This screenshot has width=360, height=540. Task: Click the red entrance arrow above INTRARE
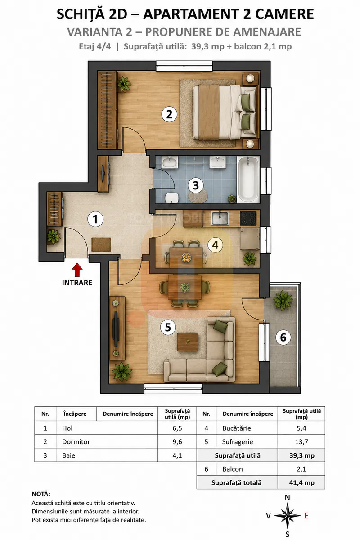(77, 270)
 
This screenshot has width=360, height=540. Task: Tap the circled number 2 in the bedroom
(169, 114)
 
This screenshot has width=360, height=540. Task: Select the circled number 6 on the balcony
(283, 337)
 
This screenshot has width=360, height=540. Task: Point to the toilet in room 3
(171, 198)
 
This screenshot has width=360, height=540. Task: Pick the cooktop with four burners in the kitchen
(248, 218)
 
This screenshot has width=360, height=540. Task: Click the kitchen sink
(220, 218)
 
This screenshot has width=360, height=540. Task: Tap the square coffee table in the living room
(188, 342)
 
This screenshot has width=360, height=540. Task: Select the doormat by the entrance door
(101, 245)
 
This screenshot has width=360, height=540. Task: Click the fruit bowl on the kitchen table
(186, 257)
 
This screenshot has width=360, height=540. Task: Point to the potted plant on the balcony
(283, 301)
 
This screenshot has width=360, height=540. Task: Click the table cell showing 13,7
(301, 442)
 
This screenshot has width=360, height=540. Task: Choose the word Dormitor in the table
(76, 442)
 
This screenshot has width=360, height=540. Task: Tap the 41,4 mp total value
(301, 482)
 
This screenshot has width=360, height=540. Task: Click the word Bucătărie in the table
(237, 428)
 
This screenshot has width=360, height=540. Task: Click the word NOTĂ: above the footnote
(41, 494)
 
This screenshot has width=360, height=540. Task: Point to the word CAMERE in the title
(284, 14)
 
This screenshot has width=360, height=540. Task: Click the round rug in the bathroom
(198, 195)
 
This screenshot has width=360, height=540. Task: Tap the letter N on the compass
(287, 498)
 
